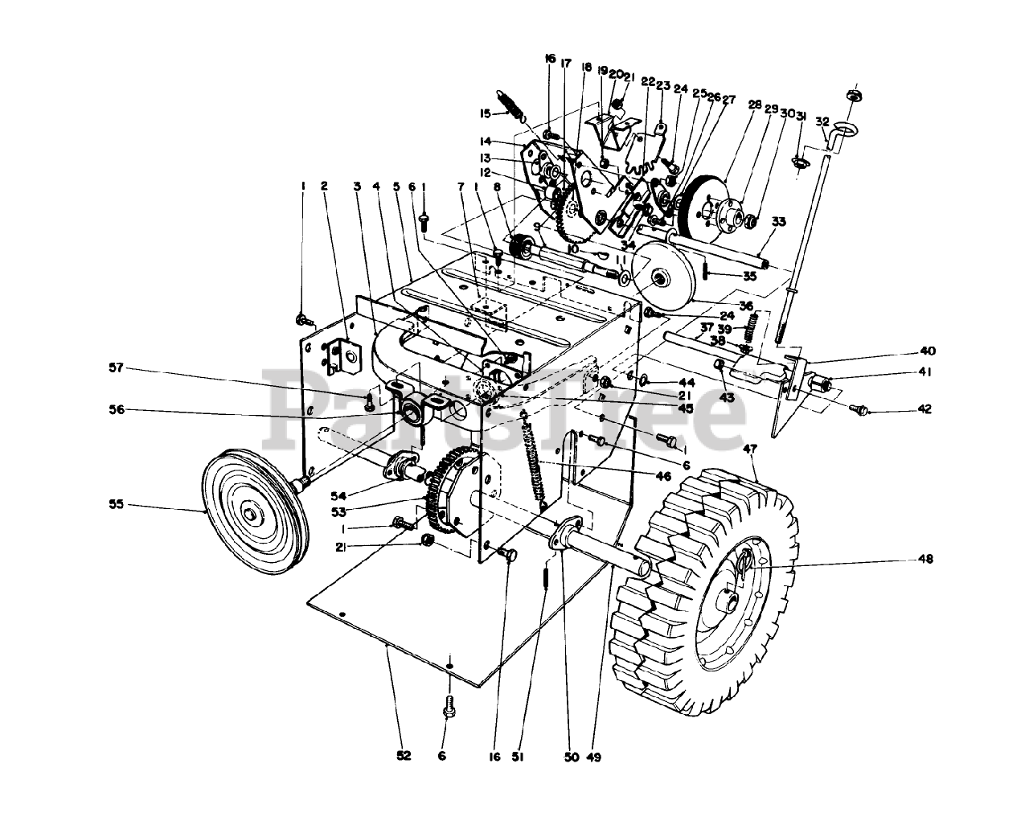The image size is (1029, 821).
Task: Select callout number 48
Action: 925,560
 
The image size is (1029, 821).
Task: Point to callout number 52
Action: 404,755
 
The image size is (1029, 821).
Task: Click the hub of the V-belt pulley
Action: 252,514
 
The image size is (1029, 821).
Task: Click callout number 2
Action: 323,186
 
